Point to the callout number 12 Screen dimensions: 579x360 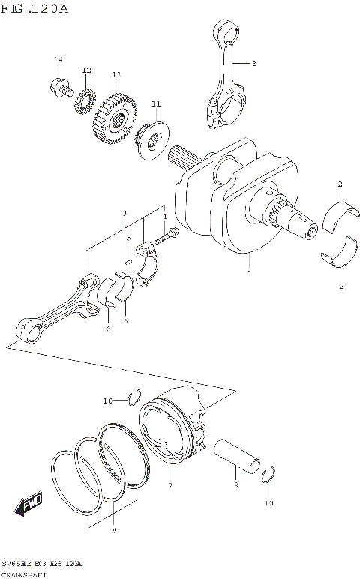click(x=86, y=70)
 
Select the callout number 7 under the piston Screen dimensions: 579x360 click(x=170, y=487)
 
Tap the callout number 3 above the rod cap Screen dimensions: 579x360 click(x=124, y=213)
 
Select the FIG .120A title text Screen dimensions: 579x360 click(x=34, y=8)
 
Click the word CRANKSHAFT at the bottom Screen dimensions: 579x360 click(x=24, y=573)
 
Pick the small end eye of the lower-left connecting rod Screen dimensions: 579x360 click(x=28, y=328)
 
